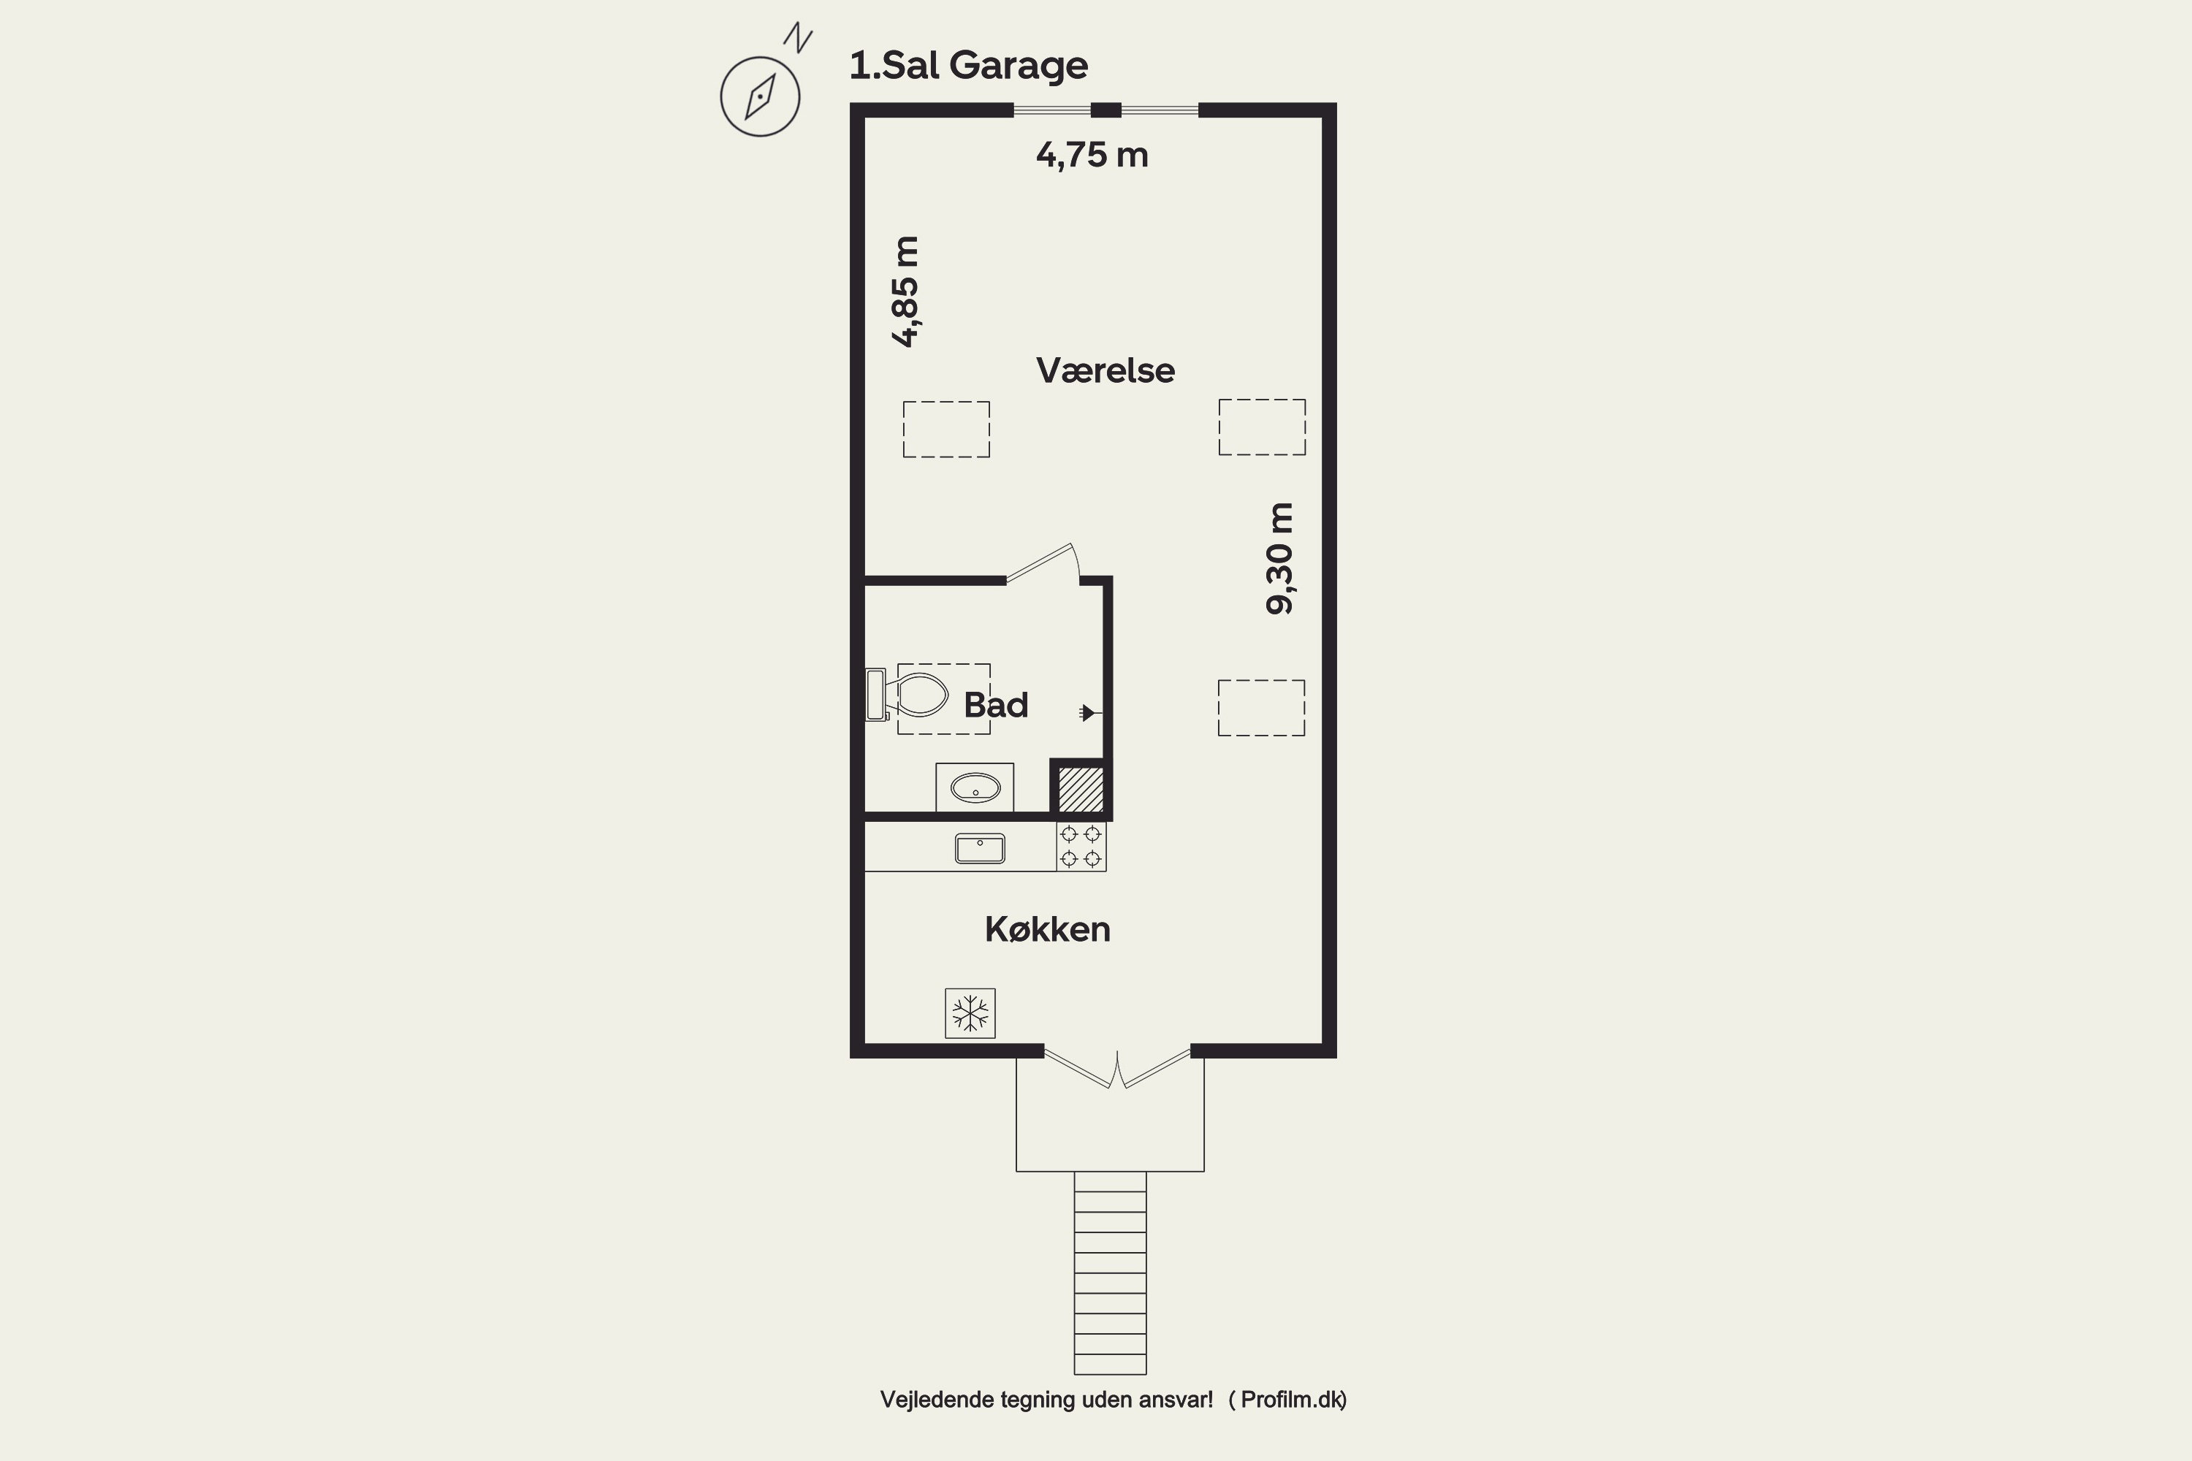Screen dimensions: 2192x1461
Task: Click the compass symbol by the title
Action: (761, 96)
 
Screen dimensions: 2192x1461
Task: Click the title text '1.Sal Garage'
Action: (968, 65)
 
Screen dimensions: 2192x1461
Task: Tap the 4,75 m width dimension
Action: (1092, 155)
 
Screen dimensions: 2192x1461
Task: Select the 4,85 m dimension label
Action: (906, 291)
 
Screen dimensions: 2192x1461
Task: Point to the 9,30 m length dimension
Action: (1279, 558)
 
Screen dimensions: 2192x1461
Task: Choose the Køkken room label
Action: (1048, 929)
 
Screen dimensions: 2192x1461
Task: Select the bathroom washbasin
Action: (975, 788)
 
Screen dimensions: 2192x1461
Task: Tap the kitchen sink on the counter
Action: (980, 848)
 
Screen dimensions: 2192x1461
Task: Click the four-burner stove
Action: (1081, 846)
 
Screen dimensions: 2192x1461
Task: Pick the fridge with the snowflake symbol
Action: (970, 1012)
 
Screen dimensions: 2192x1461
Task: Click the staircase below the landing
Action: (1110, 1273)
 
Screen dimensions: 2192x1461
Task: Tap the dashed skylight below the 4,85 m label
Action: (946, 430)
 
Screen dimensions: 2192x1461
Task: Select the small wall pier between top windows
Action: (1106, 110)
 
